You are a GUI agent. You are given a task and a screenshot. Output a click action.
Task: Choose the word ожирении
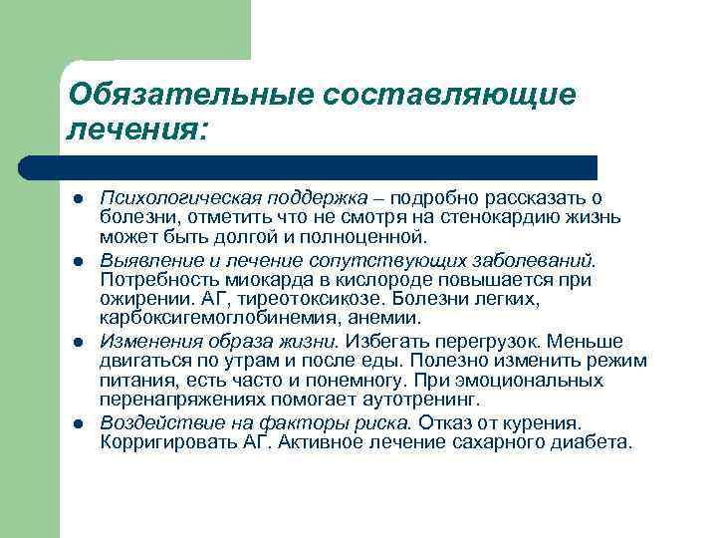135,299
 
